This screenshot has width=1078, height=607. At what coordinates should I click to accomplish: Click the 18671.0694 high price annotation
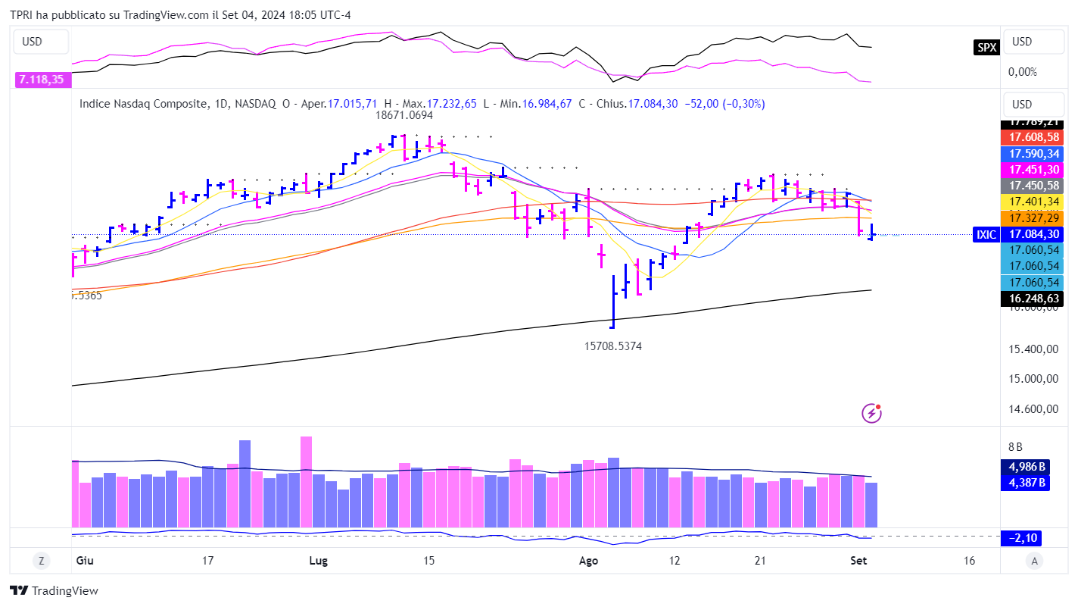click(x=405, y=116)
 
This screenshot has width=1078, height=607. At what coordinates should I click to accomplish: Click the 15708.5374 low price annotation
click(x=613, y=346)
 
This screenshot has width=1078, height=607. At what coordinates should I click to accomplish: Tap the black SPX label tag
click(x=986, y=47)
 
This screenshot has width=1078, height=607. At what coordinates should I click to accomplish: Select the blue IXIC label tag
click(x=986, y=235)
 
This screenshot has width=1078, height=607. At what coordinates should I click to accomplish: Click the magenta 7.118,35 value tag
click(x=42, y=79)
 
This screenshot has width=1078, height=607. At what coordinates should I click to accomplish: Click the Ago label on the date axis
click(x=588, y=561)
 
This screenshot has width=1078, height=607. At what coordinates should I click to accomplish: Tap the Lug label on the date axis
click(x=319, y=561)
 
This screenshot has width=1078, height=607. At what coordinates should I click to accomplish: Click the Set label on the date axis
click(x=858, y=561)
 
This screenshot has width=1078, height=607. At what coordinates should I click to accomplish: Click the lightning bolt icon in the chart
click(x=872, y=413)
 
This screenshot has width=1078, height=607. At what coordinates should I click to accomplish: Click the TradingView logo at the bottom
click(x=54, y=591)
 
